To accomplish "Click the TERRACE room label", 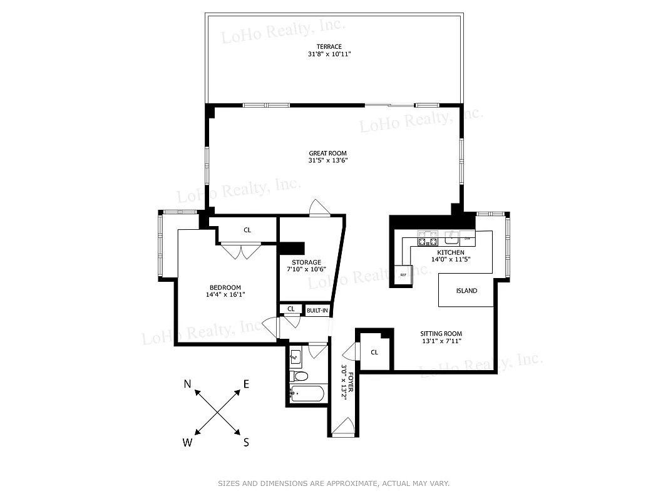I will [329, 47].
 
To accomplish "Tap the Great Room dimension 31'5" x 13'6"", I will [327, 161].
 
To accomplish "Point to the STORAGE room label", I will [306, 262].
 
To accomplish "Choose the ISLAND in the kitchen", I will [466, 291].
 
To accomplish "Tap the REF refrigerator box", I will [403, 275].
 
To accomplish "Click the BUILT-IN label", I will [317, 310].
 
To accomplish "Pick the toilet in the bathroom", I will [300, 376].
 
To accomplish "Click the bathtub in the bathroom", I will [307, 395].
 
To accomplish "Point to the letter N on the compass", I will [187, 384].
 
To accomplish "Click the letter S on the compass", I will [246, 442].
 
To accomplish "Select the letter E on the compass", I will [246, 384].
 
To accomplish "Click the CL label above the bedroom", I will [247, 230].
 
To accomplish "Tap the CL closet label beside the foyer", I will [374, 352].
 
